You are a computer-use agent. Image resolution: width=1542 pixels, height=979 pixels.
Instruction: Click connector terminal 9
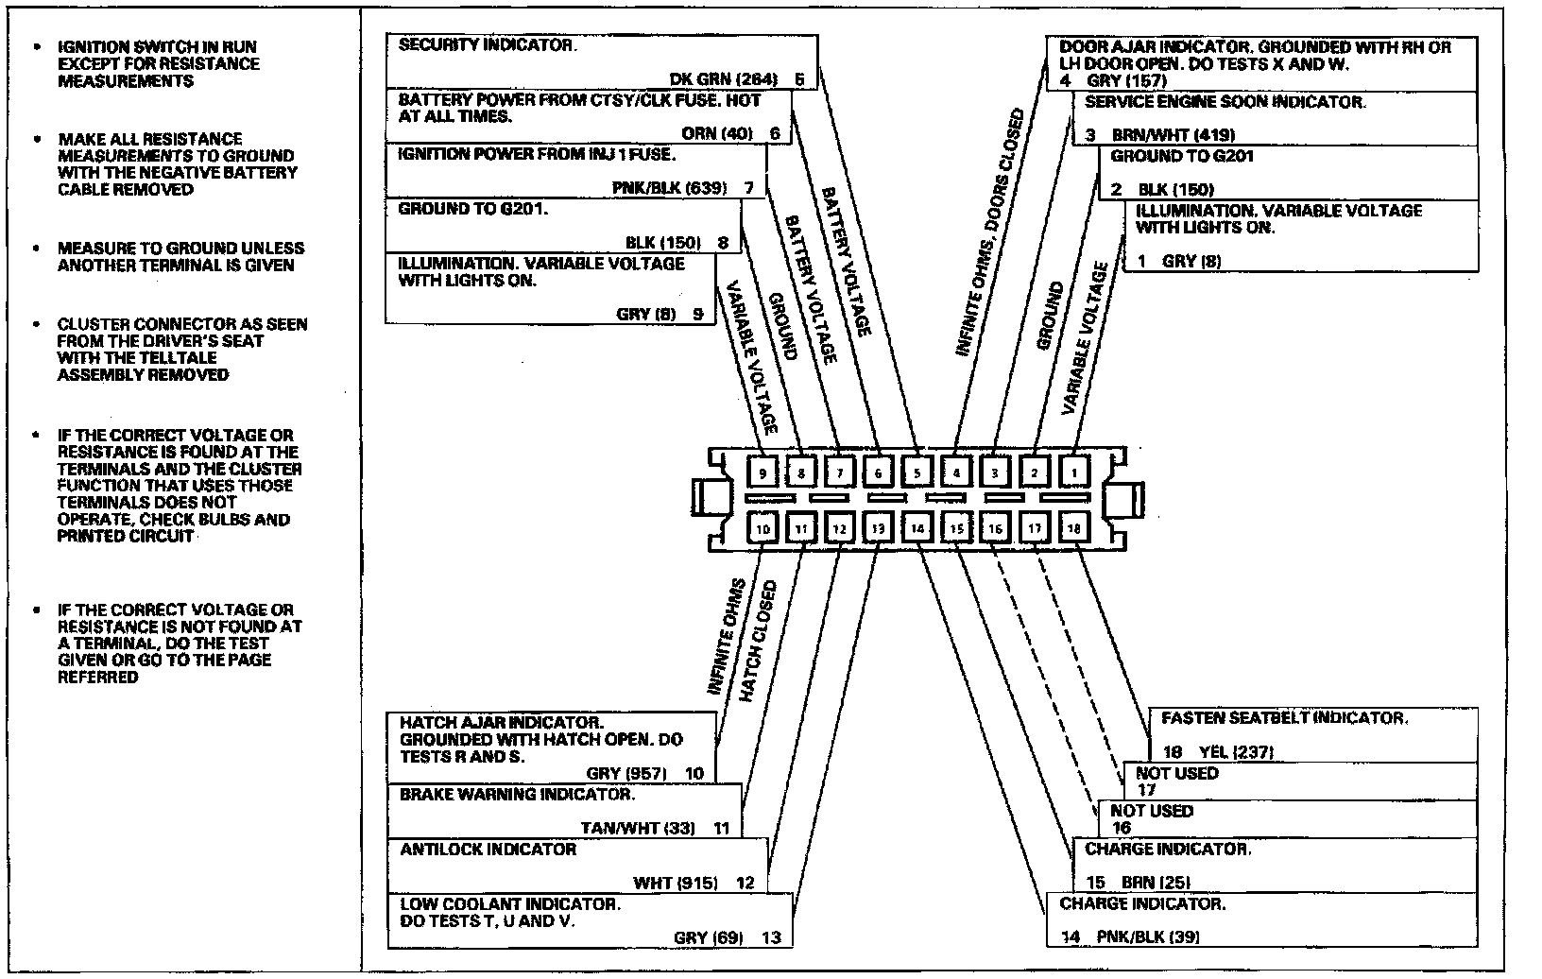(x=762, y=471)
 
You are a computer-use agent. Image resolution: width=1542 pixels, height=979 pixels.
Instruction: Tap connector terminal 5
(x=917, y=471)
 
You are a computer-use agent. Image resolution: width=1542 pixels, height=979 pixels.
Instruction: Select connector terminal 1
(x=1073, y=471)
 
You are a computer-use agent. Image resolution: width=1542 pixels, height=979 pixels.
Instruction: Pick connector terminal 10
(x=762, y=528)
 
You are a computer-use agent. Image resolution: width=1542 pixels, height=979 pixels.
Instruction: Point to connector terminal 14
(x=917, y=528)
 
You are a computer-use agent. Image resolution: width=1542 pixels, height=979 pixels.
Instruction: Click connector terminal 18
(x=1073, y=528)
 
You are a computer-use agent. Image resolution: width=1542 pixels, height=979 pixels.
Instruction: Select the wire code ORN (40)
(x=717, y=133)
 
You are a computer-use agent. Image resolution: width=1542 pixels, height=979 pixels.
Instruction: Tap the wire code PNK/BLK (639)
(x=670, y=187)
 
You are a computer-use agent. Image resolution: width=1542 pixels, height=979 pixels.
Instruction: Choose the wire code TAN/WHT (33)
(x=638, y=829)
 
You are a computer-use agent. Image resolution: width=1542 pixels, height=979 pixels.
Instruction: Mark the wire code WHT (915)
(x=676, y=884)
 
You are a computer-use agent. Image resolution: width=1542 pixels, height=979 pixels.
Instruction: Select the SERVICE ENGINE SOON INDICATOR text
(x=1225, y=101)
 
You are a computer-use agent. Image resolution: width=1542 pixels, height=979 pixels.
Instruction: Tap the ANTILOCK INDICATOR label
(x=488, y=850)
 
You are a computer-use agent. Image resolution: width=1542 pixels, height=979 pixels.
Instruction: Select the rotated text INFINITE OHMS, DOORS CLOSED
(x=989, y=232)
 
